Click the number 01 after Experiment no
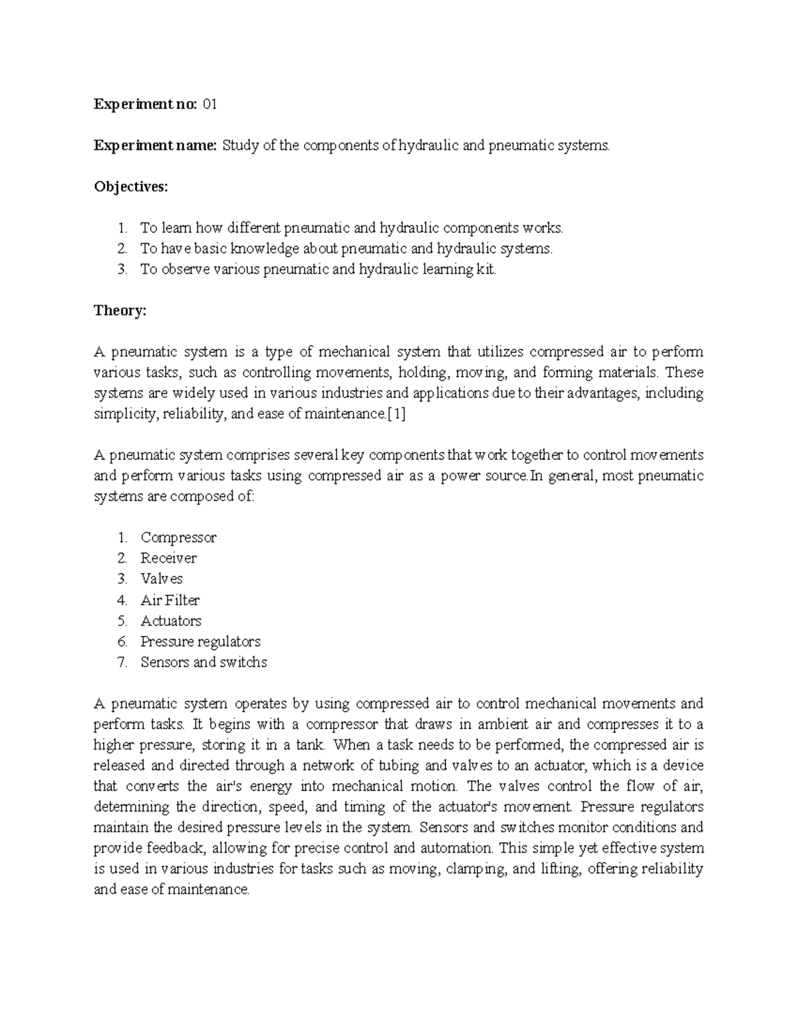[209, 104]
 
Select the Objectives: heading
[131, 187]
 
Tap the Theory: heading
[120, 310]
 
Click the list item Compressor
[178, 538]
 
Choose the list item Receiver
[168, 558]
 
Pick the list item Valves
[162, 579]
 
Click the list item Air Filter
[170, 600]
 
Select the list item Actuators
[171, 621]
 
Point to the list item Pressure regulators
[200, 641]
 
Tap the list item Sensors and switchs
[203, 662]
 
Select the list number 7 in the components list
[122, 662]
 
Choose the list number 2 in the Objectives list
[122, 249]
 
